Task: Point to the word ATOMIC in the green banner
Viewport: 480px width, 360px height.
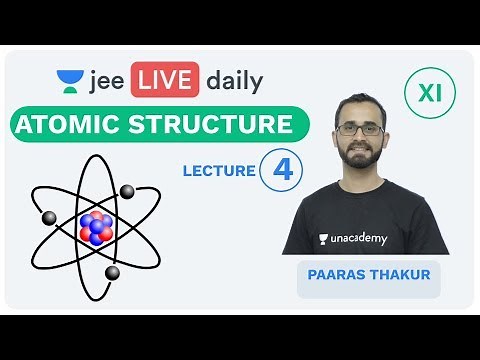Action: (75, 126)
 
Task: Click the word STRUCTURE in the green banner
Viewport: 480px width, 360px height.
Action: (216, 126)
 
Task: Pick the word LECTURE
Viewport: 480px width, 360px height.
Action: (219, 171)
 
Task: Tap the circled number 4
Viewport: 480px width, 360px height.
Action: (282, 169)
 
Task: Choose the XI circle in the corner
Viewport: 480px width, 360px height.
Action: (429, 95)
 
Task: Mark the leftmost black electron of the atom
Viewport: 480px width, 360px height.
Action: (49, 217)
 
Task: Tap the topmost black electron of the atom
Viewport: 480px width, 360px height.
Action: (128, 190)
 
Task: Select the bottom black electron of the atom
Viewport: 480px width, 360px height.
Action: (113, 272)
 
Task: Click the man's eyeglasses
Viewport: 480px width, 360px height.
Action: (362, 130)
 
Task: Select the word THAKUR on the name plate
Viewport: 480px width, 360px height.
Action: (400, 274)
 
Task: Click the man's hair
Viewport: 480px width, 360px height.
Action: (362, 103)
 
